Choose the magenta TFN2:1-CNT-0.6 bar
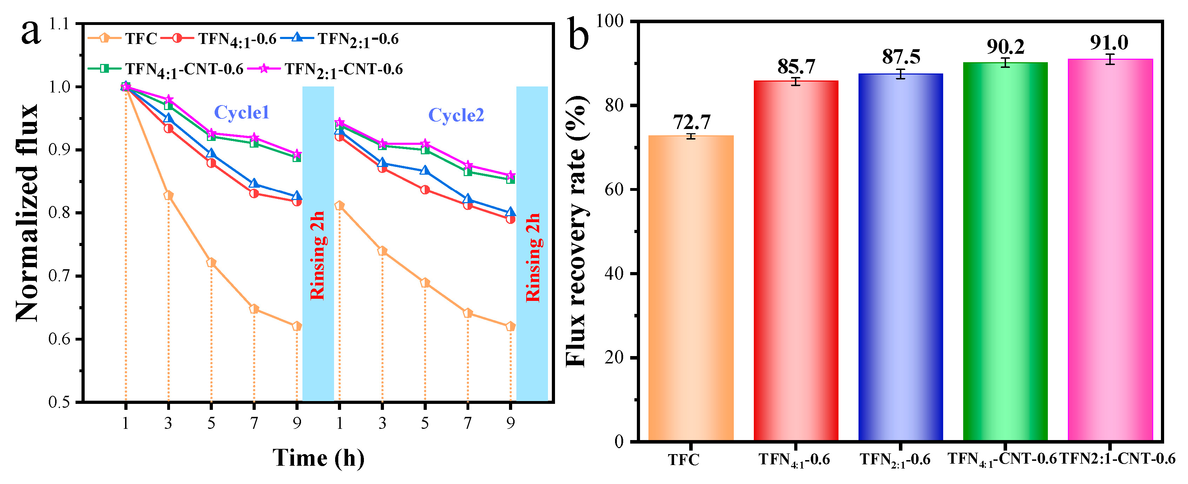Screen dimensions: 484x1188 pos(1110,250)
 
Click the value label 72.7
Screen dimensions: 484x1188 pos(691,122)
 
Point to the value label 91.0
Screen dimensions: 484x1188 pos(1109,43)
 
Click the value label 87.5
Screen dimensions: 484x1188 pos(901,57)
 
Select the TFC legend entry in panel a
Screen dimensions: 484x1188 pos(141,39)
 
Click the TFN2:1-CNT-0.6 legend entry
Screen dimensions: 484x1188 pos(344,69)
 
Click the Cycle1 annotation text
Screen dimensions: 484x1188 pos(241,112)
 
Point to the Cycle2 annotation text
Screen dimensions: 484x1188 pos(456,115)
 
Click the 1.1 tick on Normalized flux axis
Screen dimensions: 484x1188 pos(59,24)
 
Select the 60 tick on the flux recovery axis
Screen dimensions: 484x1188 pos(613,189)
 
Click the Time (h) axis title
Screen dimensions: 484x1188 pos(318,458)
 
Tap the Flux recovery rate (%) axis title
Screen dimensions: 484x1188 pos(576,231)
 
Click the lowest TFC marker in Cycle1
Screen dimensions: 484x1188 pos(296,326)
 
